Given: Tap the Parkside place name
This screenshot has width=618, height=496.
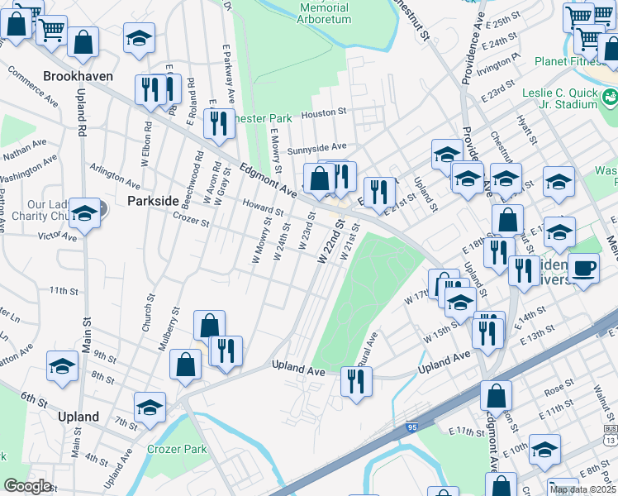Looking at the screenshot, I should point(153,201).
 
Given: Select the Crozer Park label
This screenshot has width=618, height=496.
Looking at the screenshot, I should point(177,449).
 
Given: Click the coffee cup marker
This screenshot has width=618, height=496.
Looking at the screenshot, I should point(583,269).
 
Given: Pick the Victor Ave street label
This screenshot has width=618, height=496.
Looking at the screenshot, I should point(58,236).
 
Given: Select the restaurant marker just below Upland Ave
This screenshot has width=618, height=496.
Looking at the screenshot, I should point(357,381).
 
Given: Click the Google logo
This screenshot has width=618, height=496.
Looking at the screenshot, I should point(27,486).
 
